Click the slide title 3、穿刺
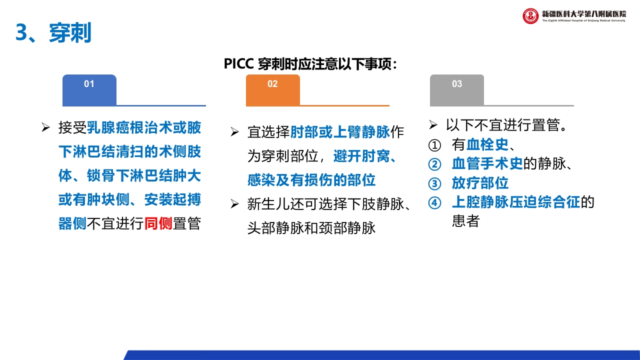coord(53,33)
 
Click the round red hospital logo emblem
coord(530,16)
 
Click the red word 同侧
coord(158,223)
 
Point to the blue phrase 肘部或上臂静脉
coord(340,132)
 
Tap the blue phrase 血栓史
coord(487,145)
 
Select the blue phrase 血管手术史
coord(487,164)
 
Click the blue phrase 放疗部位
coord(480,183)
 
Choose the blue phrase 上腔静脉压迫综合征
coord(515,202)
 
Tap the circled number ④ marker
coord(435,202)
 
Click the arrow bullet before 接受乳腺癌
coord(45,128)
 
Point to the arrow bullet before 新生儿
coord(234,204)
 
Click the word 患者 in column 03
coord(465,221)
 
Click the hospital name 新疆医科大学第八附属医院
coord(583,13)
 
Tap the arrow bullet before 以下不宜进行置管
coord(433,124)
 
